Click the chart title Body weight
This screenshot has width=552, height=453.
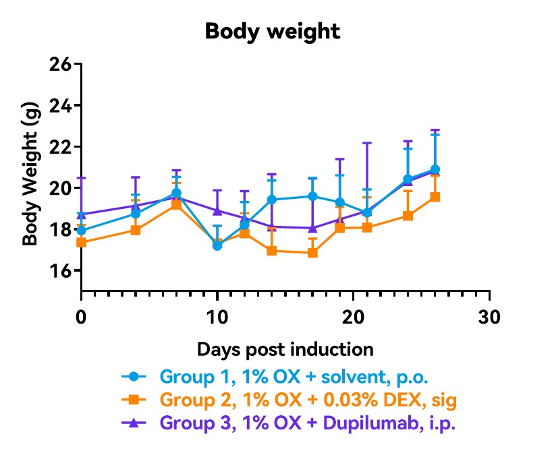click(273, 32)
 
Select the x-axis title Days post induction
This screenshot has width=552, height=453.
click(285, 349)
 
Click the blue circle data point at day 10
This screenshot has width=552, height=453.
click(217, 245)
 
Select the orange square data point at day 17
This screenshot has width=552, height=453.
click(312, 253)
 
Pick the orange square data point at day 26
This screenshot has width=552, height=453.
click(435, 197)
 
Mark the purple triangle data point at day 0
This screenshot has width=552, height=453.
click(82, 214)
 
